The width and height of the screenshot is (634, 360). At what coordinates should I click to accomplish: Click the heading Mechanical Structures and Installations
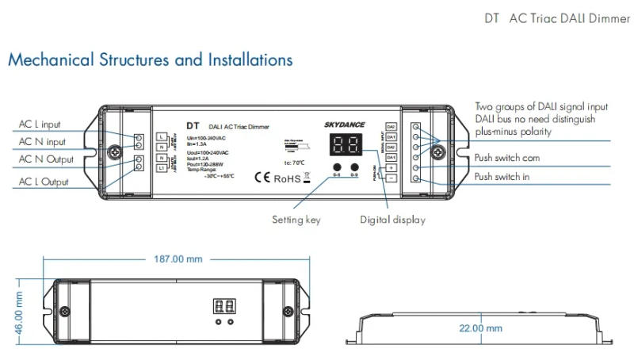pyautogui.click(x=150, y=60)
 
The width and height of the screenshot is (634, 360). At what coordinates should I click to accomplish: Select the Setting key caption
pyautogui.click(x=296, y=220)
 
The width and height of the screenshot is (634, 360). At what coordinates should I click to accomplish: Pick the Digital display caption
pyautogui.click(x=392, y=220)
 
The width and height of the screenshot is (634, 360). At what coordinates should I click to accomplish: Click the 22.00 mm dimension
pyautogui.click(x=482, y=327)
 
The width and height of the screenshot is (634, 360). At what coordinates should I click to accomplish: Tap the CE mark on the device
pyautogui.click(x=261, y=178)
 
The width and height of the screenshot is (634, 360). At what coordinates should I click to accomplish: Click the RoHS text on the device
pyautogui.click(x=287, y=178)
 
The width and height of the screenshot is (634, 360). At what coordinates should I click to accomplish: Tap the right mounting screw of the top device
pyautogui.click(x=442, y=151)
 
